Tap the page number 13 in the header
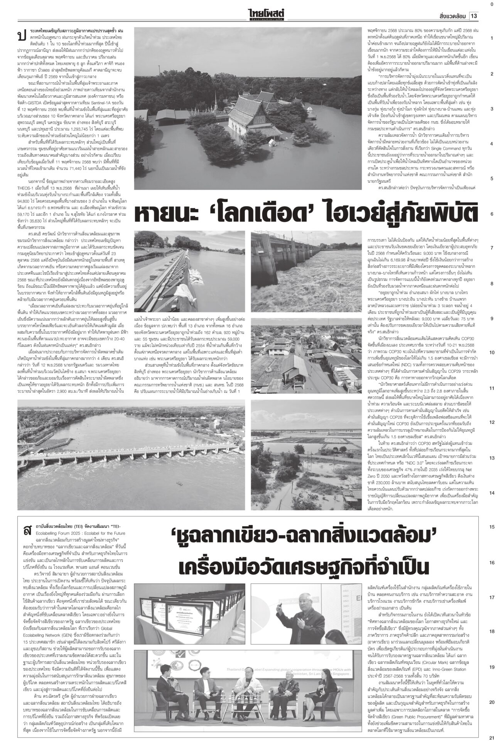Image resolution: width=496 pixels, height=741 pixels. click(x=474, y=16)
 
